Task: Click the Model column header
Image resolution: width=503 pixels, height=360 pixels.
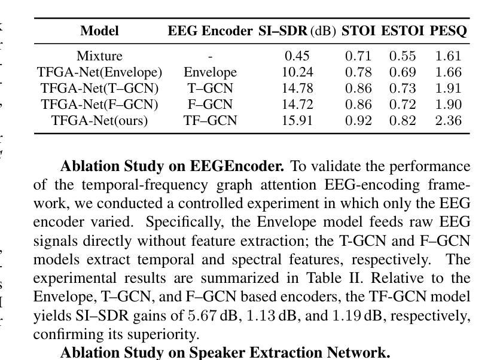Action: [99, 31]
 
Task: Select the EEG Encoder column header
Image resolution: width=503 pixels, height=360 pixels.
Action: [210, 31]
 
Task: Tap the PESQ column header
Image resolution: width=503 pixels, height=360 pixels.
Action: [449, 31]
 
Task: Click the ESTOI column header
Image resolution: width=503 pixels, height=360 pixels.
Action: [402, 31]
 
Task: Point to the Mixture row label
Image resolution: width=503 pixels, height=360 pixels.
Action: [99, 56]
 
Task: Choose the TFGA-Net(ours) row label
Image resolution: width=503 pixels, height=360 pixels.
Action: [99, 121]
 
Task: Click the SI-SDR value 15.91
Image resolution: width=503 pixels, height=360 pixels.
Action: [297, 121]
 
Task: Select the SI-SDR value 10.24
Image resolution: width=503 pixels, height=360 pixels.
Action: [297, 72]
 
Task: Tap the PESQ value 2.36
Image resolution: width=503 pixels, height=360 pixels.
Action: [449, 121]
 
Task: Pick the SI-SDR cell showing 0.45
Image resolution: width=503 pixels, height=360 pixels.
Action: [297, 56]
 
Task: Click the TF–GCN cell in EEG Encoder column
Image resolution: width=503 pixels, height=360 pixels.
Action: [210, 121]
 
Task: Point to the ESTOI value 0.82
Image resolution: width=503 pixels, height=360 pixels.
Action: [402, 121]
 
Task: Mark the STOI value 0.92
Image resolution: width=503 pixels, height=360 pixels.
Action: [358, 121]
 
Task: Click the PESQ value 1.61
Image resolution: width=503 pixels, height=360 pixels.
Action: [449, 56]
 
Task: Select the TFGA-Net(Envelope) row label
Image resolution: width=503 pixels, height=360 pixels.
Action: [99, 72]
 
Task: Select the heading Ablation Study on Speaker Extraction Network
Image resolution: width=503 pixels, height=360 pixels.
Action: [225, 352]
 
